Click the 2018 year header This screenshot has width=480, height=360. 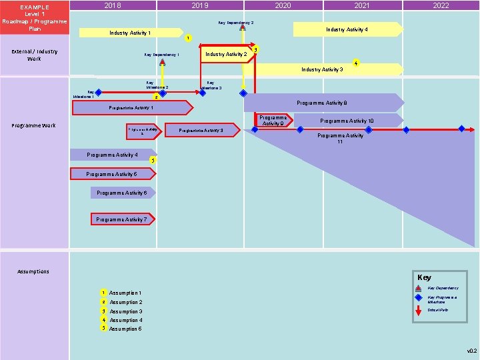click(113, 5)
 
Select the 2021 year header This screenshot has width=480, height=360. click(362, 5)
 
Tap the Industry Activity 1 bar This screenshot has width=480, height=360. click(130, 33)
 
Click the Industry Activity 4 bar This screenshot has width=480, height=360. click(347, 29)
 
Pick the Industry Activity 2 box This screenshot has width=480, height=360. click(226, 54)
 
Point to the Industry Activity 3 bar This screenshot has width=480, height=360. click(323, 69)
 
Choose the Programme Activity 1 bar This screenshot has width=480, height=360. click(131, 107)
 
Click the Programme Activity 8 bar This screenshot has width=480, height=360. click(323, 103)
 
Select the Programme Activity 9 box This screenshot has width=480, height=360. click(273, 121)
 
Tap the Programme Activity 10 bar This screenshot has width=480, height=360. click(347, 121)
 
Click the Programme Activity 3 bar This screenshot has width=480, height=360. click(201, 130)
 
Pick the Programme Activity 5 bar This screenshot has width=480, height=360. click(112, 174)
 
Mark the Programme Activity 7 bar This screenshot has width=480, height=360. click(122, 219)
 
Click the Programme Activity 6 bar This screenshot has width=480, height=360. click(122, 193)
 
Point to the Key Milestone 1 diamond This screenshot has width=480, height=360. click(98, 93)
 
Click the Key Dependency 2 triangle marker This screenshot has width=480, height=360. click(243, 27)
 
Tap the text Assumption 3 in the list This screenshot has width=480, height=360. click(125, 311)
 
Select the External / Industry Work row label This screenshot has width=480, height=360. click(34, 55)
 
